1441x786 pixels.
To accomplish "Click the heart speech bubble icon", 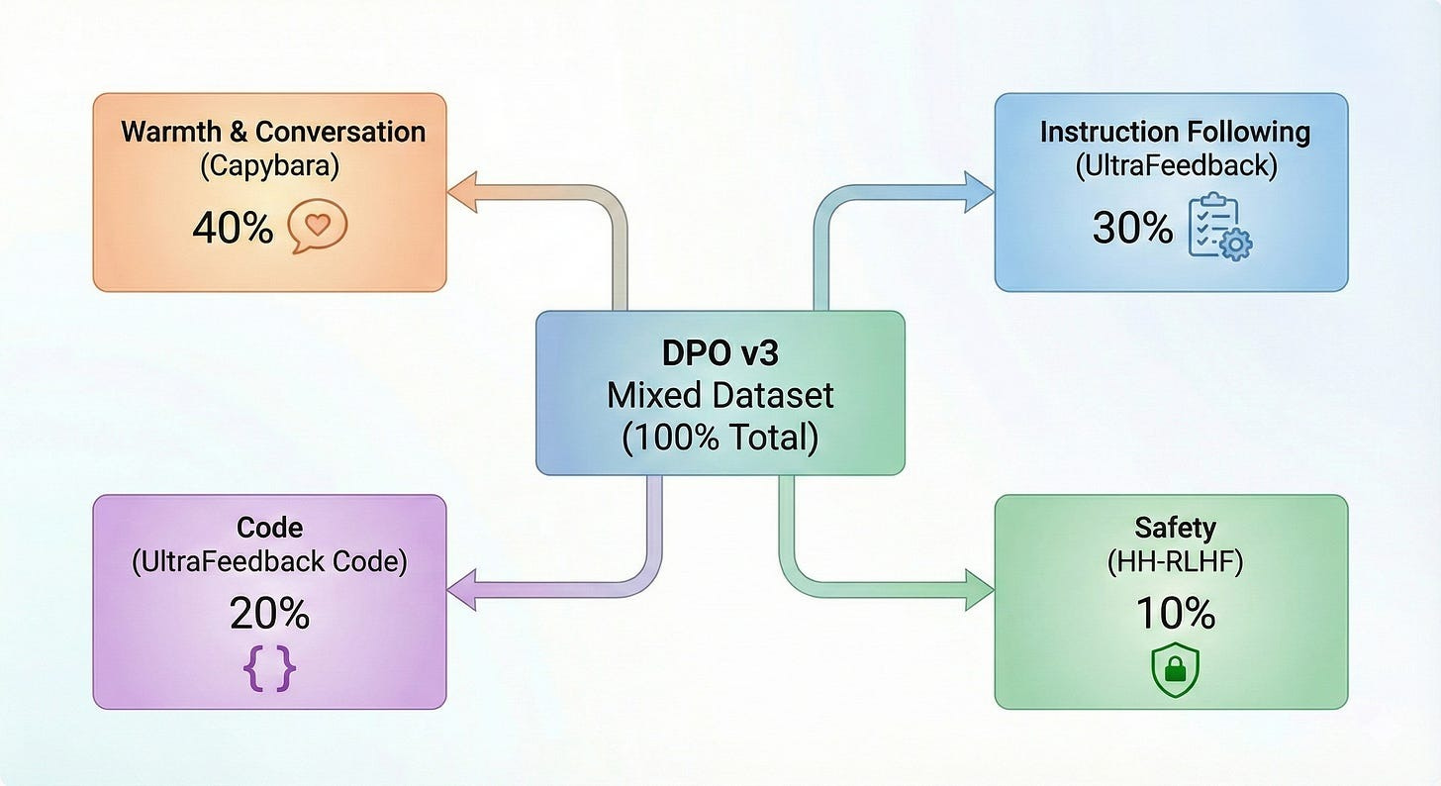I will (317, 228).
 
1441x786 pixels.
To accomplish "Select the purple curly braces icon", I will (269, 668).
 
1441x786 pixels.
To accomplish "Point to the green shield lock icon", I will (1175, 671).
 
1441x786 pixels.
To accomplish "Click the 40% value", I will (233, 229).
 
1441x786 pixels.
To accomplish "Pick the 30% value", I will (1132, 229).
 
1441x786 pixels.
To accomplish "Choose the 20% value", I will (269, 615).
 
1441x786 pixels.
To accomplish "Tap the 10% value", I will (1175, 615).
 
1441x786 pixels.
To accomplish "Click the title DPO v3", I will (720, 354).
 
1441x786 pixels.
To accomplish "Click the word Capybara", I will (269, 165).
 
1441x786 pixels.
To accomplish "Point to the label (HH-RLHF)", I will (1175, 561).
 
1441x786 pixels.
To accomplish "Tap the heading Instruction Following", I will (1175, 133).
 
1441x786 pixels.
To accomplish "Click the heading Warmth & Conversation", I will (272, 132).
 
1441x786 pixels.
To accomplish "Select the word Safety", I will (1175, 527).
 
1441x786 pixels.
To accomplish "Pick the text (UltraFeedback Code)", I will (269, 561).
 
